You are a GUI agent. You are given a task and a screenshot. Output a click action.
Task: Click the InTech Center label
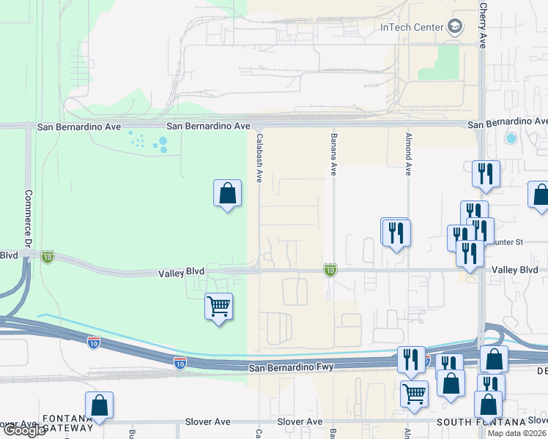tap(411, 28)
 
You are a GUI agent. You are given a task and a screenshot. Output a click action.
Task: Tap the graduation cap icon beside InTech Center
tap(455, 27)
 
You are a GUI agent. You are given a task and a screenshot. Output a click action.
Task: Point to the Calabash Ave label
tap(259, 157)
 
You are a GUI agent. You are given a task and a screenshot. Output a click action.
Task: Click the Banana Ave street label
tap(333, 154)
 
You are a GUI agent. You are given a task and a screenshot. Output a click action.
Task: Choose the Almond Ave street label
tap(408, 154)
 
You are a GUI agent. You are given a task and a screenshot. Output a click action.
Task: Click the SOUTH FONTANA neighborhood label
tap(481, 422)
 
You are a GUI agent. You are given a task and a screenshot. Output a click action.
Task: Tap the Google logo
tap(24, 430)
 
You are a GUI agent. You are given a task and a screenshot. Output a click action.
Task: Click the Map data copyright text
tap(516, 433)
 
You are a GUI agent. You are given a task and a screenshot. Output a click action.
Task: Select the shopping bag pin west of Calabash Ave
tap(228, 194)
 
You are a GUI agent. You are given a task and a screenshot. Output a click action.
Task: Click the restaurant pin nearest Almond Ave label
tap(396, 233)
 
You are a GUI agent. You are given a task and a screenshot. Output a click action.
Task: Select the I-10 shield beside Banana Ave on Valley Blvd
tap(330, 271)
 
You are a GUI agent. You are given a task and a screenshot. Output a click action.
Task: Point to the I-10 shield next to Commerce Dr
tap(48, 257)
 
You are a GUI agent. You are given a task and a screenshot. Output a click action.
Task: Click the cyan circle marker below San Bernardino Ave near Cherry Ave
tap(511, 138)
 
